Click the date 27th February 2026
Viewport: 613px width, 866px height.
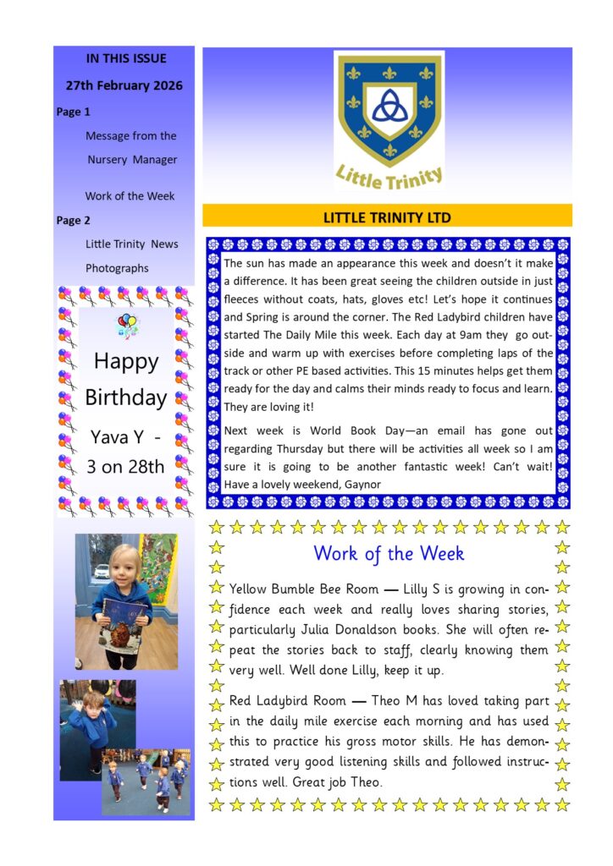point(124,85)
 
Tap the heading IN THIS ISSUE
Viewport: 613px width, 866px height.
point(126,58)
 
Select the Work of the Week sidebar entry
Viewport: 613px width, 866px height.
point(130,195)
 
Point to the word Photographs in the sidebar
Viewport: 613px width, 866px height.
point(117,268)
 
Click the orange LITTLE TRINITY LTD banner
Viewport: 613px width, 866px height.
point(387,216)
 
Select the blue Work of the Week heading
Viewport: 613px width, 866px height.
point(389,553)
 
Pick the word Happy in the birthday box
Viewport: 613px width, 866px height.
point(125,361)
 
